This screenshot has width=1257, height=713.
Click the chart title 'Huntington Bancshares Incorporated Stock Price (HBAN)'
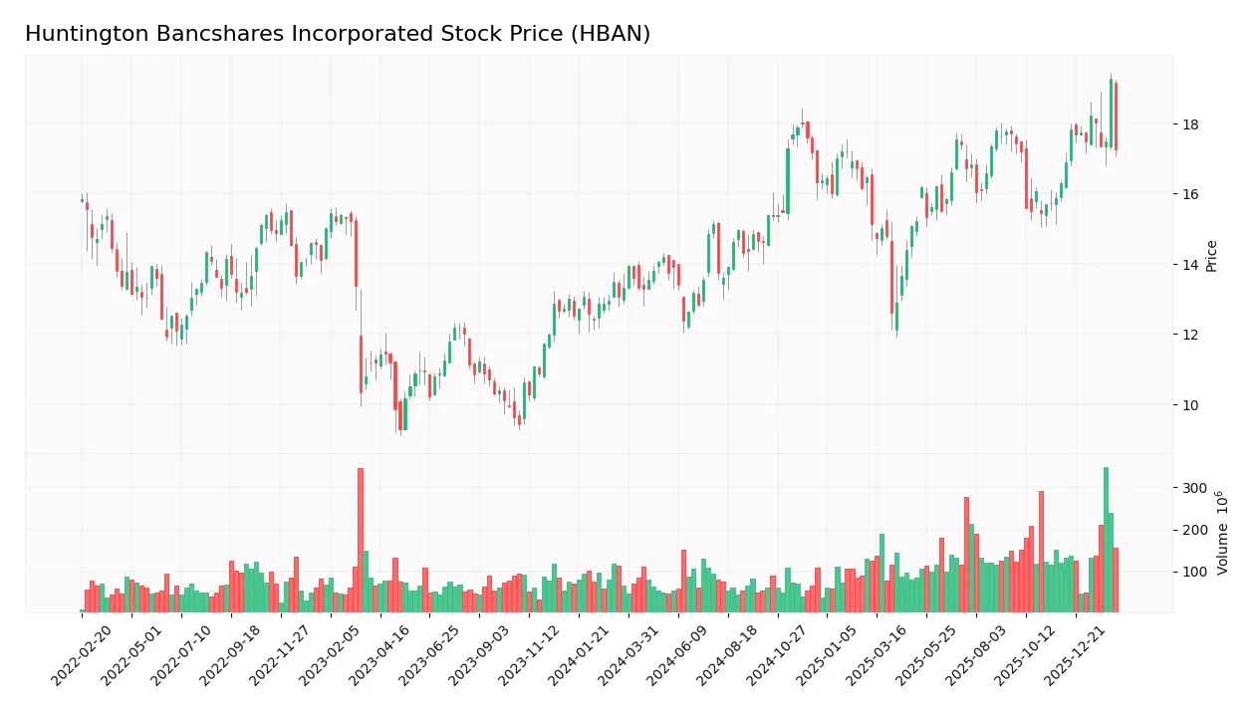(338, 34)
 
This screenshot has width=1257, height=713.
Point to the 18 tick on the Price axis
(1190, 124)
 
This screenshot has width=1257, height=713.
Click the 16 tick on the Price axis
(1190, 194)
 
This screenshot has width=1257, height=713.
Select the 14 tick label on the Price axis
(1190, 265)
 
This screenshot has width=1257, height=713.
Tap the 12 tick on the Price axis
(1190, 335)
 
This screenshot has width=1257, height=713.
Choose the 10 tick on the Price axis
(1190, 404)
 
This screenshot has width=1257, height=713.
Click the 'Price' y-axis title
(1211, 256)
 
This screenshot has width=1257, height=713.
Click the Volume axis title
(1222, 533)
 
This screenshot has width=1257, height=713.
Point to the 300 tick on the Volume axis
(1194, 488)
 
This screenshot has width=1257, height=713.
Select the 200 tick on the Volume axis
(1194, 530)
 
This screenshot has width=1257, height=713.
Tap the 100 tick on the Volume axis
(1194, 572)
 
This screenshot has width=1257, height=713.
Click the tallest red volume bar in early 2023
(361, 540)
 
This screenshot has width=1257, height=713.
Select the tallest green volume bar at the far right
(1106, 540)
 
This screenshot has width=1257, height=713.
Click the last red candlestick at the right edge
(1116, 117)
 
